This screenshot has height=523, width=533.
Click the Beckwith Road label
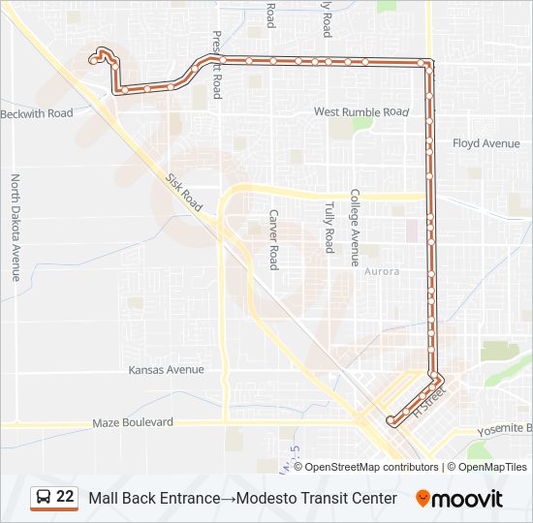pos(37,113)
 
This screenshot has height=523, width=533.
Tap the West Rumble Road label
pos(361,112)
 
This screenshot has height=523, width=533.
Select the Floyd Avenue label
pos(486,143)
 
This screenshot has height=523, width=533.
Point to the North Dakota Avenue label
pos(16,227)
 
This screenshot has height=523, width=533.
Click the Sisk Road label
pos(183,194)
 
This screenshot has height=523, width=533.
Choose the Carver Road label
pos(274,238)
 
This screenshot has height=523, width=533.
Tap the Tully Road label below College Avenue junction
pos(329,227)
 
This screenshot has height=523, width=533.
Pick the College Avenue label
pos(355,227)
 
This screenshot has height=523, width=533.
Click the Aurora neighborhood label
pos(381,271)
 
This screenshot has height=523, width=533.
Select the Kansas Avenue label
pos(166,369)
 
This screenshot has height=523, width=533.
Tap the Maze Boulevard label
pos(133,422)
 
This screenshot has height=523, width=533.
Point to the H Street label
pos(427,401)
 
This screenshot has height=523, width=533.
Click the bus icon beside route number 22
pos(44,497)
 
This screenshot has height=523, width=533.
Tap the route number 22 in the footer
pos(66,497)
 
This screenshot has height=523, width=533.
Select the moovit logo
pos(459,498)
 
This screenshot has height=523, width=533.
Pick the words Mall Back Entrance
pos(154,498)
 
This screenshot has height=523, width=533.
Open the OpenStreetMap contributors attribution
pos(365,467)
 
